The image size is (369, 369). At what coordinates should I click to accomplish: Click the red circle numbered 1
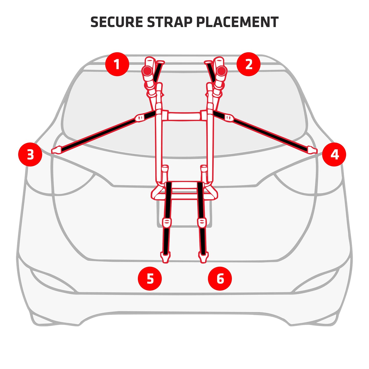tap(117, 64)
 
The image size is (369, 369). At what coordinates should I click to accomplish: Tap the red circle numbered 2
tap(248, 64)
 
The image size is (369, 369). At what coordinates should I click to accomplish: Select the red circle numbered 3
tap(30, 154)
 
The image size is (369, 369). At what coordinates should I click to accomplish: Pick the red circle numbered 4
tap(334, 154)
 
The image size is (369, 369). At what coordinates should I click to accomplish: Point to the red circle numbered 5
tap(150, 278)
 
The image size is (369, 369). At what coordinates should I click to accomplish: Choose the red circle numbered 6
tap(220, 278)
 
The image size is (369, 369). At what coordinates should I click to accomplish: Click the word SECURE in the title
tap(116, 22)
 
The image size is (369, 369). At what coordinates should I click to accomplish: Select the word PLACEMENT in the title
tap(237, 22)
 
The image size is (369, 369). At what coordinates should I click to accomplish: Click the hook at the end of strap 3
tap(56, 150)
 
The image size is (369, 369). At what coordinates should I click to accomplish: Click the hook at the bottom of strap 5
tap(165, 257)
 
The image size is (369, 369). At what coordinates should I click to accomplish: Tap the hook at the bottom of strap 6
tap(203, 257)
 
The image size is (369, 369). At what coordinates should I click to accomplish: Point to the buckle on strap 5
tap(167, 222)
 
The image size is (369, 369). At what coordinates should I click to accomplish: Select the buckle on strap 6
tap(202, 222)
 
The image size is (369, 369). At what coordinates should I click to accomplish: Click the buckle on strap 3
tap(140, 118)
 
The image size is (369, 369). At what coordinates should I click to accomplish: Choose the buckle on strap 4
tap(229, 118)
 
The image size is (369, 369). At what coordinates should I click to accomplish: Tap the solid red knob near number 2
tap(222, 71)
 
